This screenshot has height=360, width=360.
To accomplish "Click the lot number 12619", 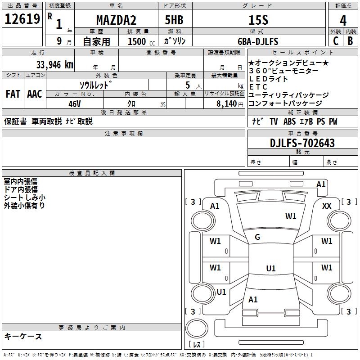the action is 22,19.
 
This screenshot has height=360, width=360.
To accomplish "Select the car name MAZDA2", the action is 116,20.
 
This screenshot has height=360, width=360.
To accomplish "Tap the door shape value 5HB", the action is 174,20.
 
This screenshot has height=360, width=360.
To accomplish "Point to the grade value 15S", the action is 258,20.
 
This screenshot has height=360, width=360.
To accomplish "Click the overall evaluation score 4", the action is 343,21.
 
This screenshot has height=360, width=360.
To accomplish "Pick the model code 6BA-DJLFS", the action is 258,41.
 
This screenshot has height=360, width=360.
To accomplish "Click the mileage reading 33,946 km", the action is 54,65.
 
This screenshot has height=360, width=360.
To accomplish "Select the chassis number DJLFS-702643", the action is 302,143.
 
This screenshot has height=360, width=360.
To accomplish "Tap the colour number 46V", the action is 75,104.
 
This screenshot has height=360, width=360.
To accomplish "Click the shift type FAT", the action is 13,94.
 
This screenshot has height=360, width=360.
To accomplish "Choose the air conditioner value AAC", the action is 35,94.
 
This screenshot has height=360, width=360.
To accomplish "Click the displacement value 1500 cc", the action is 141,41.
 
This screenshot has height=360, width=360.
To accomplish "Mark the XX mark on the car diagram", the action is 327,206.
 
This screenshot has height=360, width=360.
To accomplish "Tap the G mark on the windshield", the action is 257,237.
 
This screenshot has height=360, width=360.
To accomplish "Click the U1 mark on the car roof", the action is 271,268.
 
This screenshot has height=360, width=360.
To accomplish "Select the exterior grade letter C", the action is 336,41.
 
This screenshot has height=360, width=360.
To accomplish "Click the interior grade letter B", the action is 351,41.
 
